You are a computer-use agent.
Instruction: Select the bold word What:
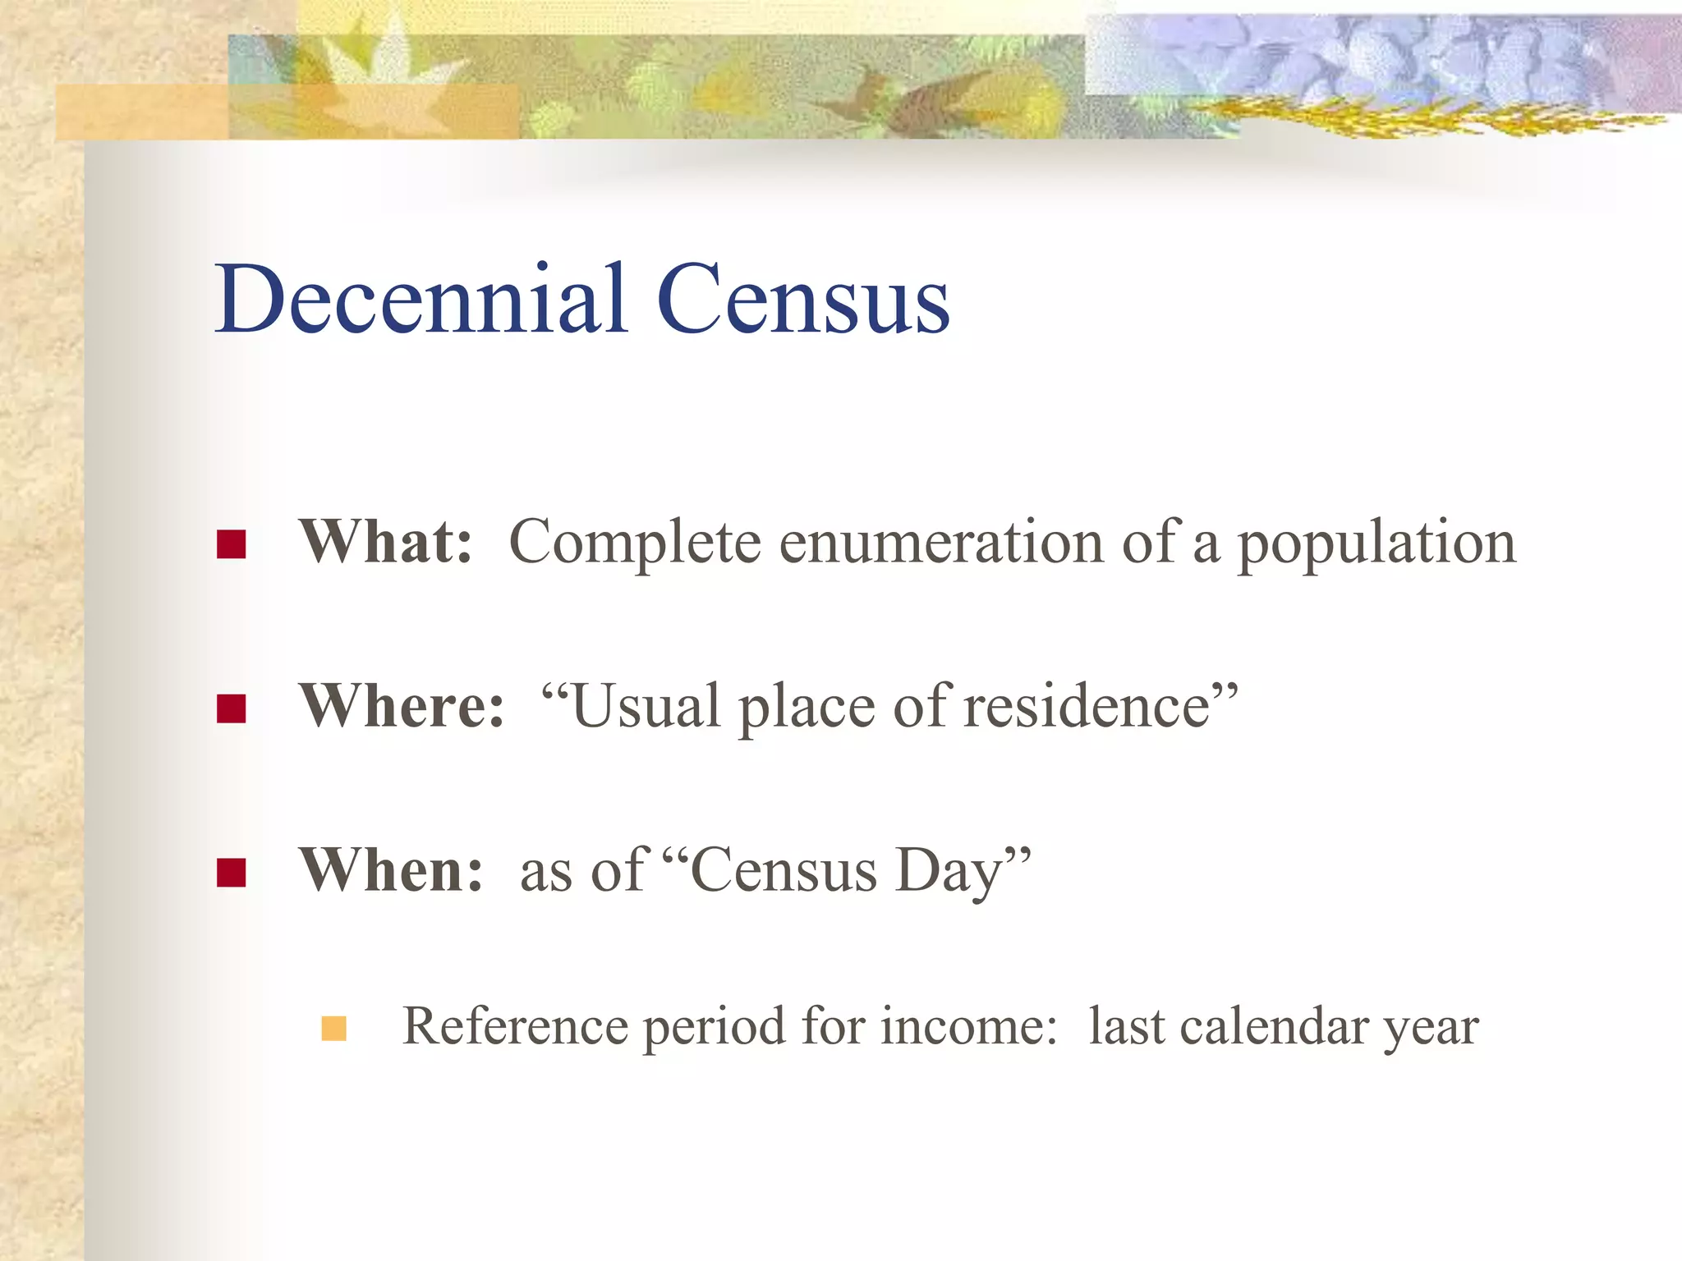386,542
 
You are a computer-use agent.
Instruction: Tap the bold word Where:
402,706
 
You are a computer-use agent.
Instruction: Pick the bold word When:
391,870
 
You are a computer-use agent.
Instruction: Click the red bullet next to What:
232,544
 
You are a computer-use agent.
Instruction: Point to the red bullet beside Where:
232,708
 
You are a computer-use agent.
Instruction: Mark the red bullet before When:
232,873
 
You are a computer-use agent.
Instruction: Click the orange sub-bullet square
334,1029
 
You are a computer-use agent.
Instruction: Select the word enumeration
941,543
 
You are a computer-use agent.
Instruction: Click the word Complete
635,544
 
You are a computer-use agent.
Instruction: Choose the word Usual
645,706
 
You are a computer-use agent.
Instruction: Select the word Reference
512,1026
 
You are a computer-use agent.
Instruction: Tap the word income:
968,1026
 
